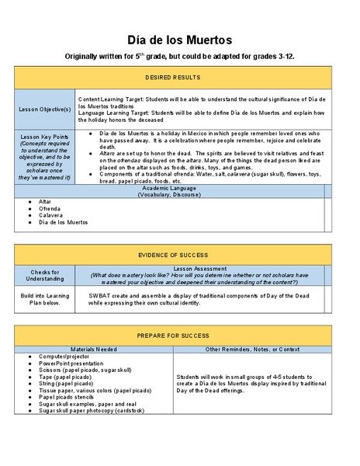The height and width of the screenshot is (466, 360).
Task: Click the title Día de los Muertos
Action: (x=179, y=40)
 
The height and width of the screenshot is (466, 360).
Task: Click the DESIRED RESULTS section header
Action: (x=173, y=78)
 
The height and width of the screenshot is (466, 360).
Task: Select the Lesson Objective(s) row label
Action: (x=45, y=109)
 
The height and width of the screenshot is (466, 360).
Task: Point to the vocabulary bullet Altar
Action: (x=45, y=201)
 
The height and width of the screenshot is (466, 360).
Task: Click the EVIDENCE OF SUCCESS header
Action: (x=173, y=255)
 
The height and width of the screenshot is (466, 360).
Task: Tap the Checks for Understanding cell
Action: (x=45, y=276)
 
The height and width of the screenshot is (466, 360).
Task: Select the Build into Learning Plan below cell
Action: (x=45, y=299)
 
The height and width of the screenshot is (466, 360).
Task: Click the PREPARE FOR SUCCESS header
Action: (x=173, y=337)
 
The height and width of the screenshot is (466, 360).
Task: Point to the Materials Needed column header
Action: (x=94, y=349)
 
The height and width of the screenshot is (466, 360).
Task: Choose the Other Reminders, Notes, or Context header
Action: (x=253, y=349)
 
